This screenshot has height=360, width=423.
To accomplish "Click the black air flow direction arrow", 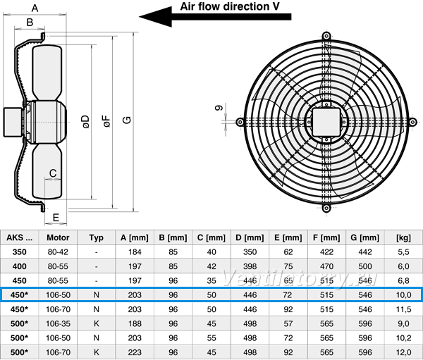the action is [x=215, y=17].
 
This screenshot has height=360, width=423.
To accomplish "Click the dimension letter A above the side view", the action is [x=35, y=8].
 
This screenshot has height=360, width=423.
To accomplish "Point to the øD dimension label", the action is [x=85, y=122].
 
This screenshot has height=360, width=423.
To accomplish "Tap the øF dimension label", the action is [x=107, y=121].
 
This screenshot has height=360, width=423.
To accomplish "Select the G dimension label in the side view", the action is [x=127, y=120].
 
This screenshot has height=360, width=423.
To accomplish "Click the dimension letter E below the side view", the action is [x=56, y=218].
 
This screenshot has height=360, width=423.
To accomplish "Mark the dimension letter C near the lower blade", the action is [x=53, y=173].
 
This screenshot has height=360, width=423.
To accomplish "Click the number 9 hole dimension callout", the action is [x=219, y=108].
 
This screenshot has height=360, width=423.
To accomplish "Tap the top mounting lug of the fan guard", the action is [x=326, y=36].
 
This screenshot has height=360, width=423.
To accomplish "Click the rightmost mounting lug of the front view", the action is [x=412, y=122].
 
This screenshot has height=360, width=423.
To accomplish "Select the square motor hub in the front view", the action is [x=326, y=122].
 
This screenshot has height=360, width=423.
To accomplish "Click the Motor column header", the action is [x=58, y=237].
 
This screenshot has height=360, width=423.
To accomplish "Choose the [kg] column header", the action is [x=403, y=237].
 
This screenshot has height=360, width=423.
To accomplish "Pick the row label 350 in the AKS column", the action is [x=20, y=252].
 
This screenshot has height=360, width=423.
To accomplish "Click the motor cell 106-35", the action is [x=58, y=323].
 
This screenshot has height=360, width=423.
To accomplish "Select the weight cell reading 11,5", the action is [x=403, y=309].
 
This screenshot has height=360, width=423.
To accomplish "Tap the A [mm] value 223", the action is [x=135, y=352].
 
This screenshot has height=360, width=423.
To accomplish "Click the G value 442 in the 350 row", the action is [x=365, y=252].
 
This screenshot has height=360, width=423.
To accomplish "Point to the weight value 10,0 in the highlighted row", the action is [x=403, y=295].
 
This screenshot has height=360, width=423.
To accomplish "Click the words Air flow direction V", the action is [x=230, y=6].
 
